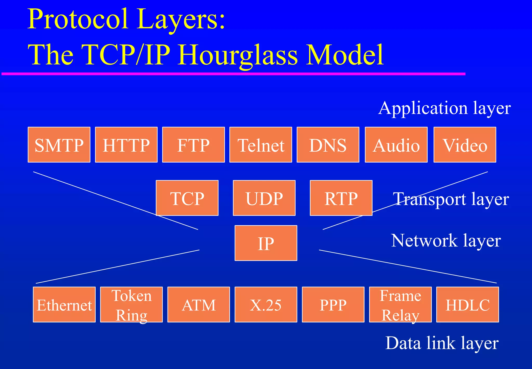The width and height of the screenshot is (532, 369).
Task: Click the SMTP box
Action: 59,145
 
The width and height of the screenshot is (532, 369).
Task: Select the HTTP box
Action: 126,145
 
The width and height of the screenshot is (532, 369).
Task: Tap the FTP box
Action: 193,145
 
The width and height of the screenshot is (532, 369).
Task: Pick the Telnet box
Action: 261,145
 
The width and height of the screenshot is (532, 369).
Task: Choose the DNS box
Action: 328,145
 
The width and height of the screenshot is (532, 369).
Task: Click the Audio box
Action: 396,145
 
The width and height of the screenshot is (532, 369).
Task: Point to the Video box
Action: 465,145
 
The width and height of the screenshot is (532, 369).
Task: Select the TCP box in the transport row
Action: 187,198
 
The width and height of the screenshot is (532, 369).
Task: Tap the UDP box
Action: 264,198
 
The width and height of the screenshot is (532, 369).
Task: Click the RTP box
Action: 341,198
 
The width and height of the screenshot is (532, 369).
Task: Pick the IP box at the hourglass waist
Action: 266,243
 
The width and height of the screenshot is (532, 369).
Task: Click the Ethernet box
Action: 64,304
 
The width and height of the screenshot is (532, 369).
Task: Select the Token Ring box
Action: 131,304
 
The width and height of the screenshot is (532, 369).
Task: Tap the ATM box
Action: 198,304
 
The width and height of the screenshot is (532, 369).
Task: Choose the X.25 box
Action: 266,304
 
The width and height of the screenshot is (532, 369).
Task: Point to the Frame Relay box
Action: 400,304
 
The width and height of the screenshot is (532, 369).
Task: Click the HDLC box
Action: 468,304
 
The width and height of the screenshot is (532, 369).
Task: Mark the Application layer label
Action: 444,108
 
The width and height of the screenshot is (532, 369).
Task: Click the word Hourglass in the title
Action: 237,55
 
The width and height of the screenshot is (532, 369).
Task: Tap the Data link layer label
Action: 442,343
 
